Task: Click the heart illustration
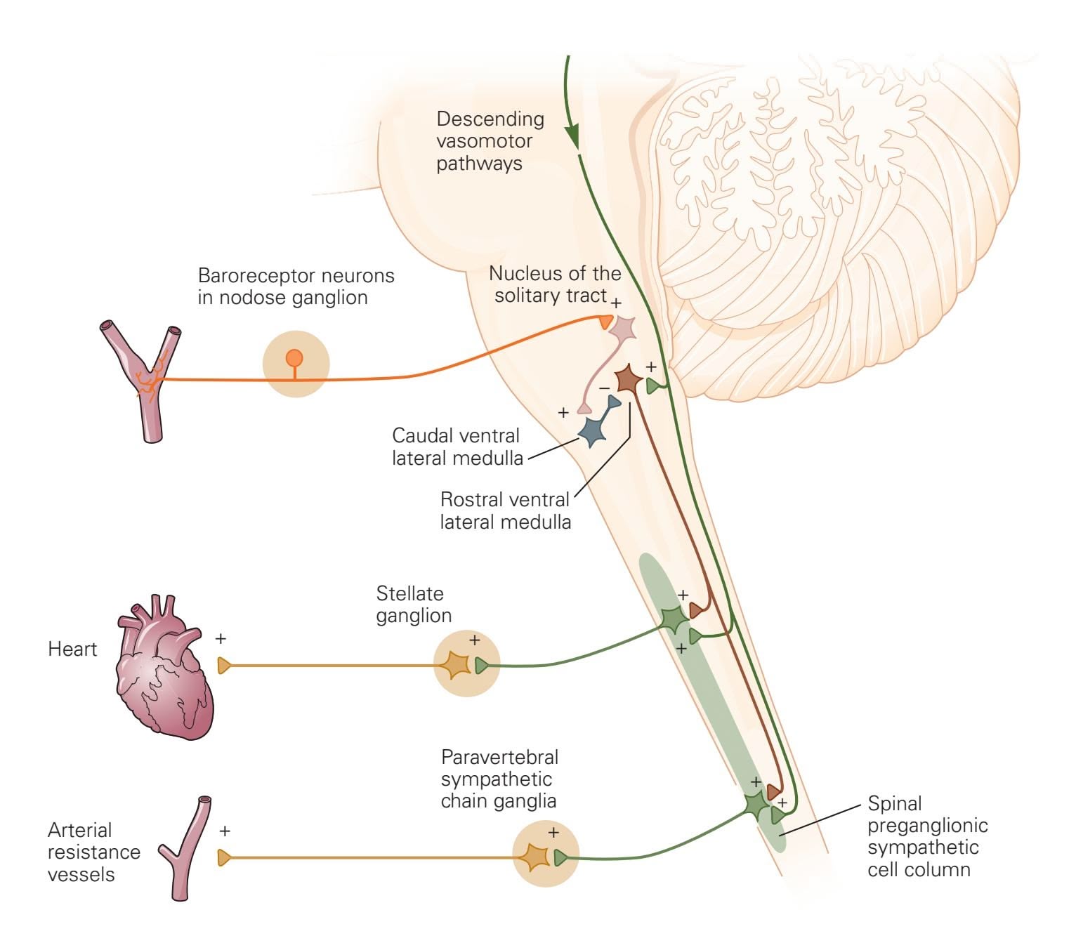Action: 164,671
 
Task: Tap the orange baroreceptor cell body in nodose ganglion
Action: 294,359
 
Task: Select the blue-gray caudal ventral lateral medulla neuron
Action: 593,430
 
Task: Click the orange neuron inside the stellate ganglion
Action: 454,664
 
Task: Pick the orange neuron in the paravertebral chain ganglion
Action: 534,856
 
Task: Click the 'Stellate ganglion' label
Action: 413,605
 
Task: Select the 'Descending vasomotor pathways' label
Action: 490,141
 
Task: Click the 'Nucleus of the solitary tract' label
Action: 554,284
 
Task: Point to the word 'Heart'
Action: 72,649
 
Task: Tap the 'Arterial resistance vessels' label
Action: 93,852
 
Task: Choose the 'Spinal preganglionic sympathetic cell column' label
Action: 927,836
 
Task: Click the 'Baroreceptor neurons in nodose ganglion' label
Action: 296,286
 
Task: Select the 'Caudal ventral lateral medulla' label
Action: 457,447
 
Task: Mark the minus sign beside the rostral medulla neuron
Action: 604,388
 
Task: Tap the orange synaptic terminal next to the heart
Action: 224,665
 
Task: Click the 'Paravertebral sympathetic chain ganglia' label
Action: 499,779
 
